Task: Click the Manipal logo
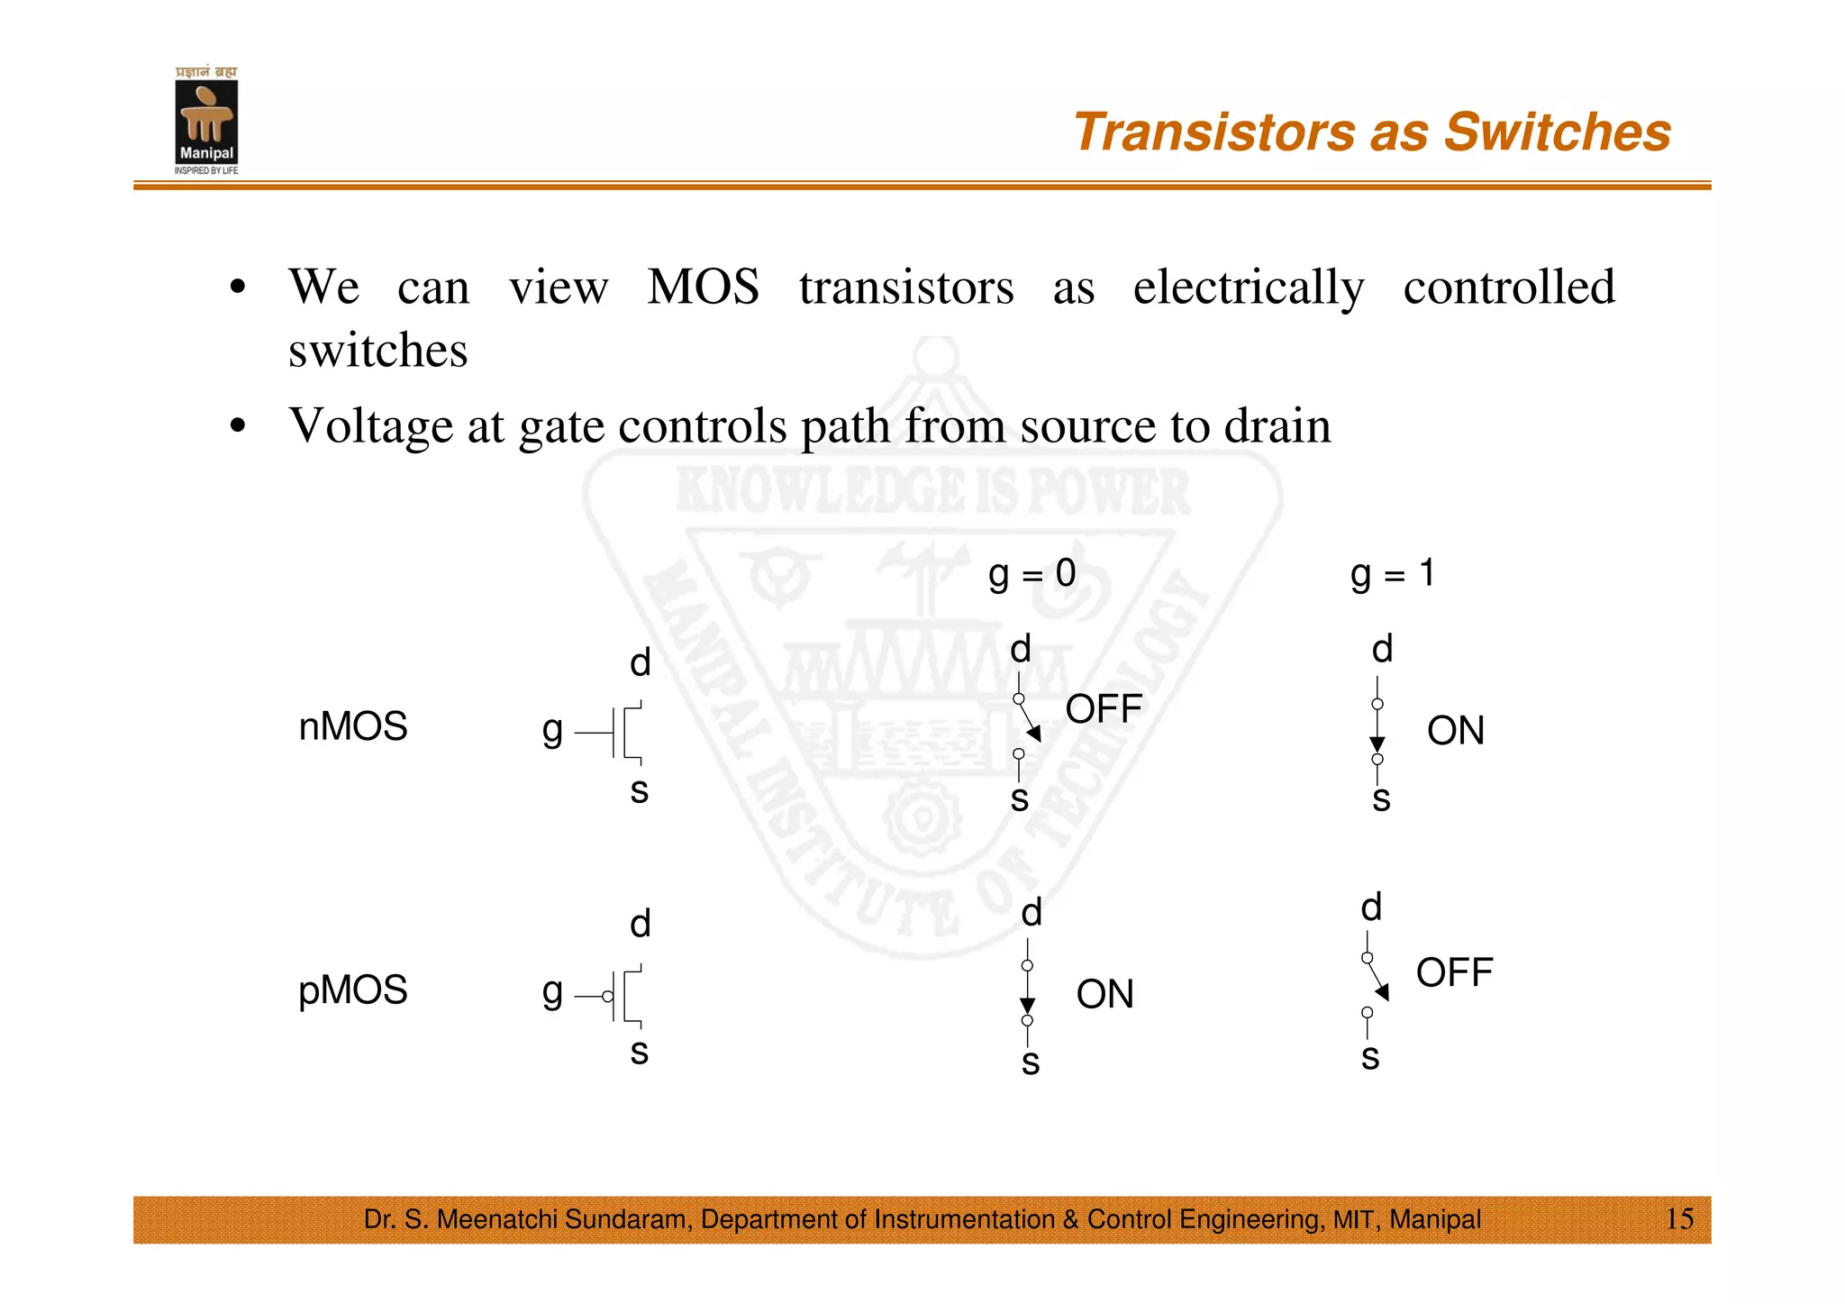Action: [206, 122]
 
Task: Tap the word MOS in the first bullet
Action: [703, 287]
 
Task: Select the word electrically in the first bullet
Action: [1249, 288]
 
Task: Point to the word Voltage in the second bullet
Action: [370, 426]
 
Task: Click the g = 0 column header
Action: [1032, 573]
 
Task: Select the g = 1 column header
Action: [1392, 573]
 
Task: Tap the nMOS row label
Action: [352, 726]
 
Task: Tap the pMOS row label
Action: [352, 989]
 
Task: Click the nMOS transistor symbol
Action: [622, 733]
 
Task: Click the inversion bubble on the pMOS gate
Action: [608, 997]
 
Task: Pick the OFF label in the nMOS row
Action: [1103, 709]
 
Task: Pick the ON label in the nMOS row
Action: [1455, 731]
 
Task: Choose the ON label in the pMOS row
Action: [1104, 995]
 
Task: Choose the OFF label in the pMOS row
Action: [1454, 973]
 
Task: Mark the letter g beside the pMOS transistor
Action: [552, 992]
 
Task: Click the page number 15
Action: [1678, 1219]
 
